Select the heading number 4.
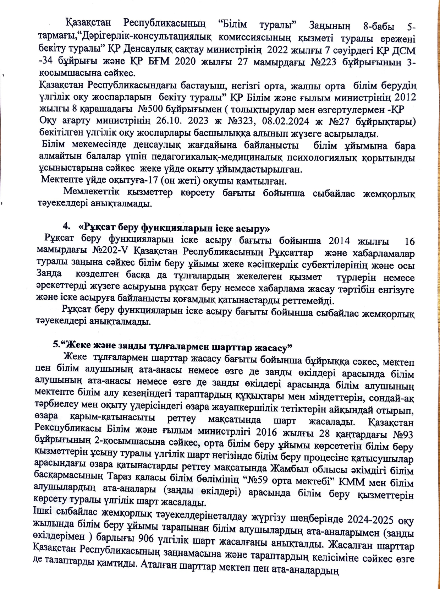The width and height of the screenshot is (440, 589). coord(66,227)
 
